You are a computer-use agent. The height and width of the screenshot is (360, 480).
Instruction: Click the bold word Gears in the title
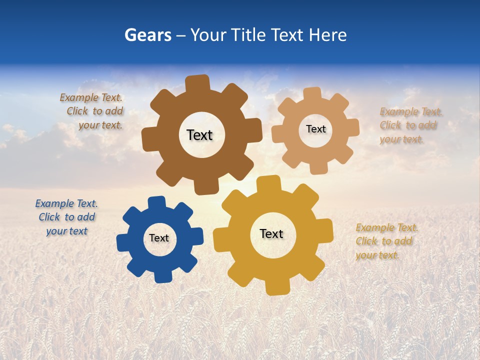coord(147,35)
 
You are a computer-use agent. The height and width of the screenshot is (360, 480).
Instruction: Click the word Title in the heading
coord(250,35)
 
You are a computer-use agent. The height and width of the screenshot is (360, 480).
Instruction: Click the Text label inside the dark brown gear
coord(199,135)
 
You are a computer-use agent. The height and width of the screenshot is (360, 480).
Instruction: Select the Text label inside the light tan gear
coord(315,129)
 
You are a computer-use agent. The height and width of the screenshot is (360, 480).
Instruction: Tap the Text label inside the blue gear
coord(159,238)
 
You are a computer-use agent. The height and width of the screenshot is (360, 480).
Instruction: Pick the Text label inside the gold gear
coord(271,234)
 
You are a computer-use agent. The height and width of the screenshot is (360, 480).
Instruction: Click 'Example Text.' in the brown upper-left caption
coord(91,97)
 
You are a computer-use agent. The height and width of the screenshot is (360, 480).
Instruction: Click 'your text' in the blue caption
coord(66,231)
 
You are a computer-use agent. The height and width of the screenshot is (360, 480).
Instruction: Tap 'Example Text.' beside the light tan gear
coord(411,111)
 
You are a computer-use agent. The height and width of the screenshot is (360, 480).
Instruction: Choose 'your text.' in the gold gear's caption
coord(377,255)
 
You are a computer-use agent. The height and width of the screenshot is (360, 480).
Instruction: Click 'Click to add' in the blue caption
coord(66,217)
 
